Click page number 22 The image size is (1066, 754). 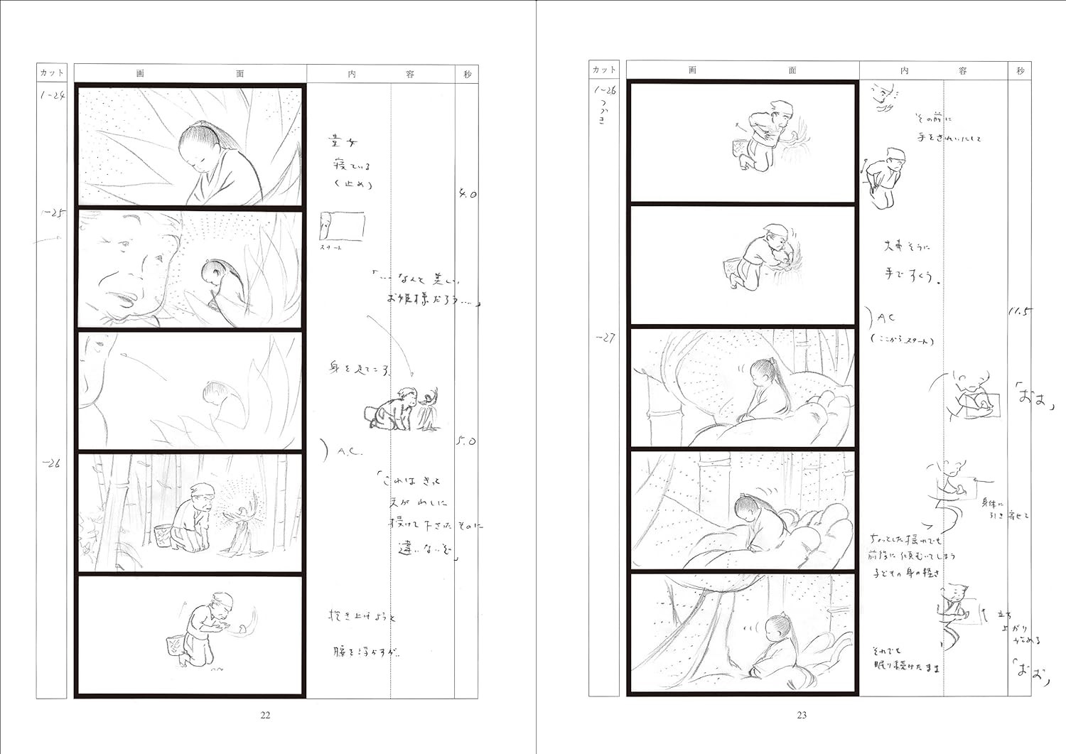tap(265, 715)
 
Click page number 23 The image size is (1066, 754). tap(802, 715)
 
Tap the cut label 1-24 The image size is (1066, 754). tap(53, 95)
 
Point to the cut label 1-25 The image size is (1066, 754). tap(53, 212)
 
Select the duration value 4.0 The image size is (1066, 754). tap(467, 194)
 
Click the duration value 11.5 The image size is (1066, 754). tap(1020, 311)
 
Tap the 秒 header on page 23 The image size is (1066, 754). tap(1020, 70)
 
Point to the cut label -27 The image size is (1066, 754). tap(605, 338)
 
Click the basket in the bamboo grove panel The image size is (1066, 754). tap(163, 534)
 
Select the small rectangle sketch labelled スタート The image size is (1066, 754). tap(343, 226)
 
